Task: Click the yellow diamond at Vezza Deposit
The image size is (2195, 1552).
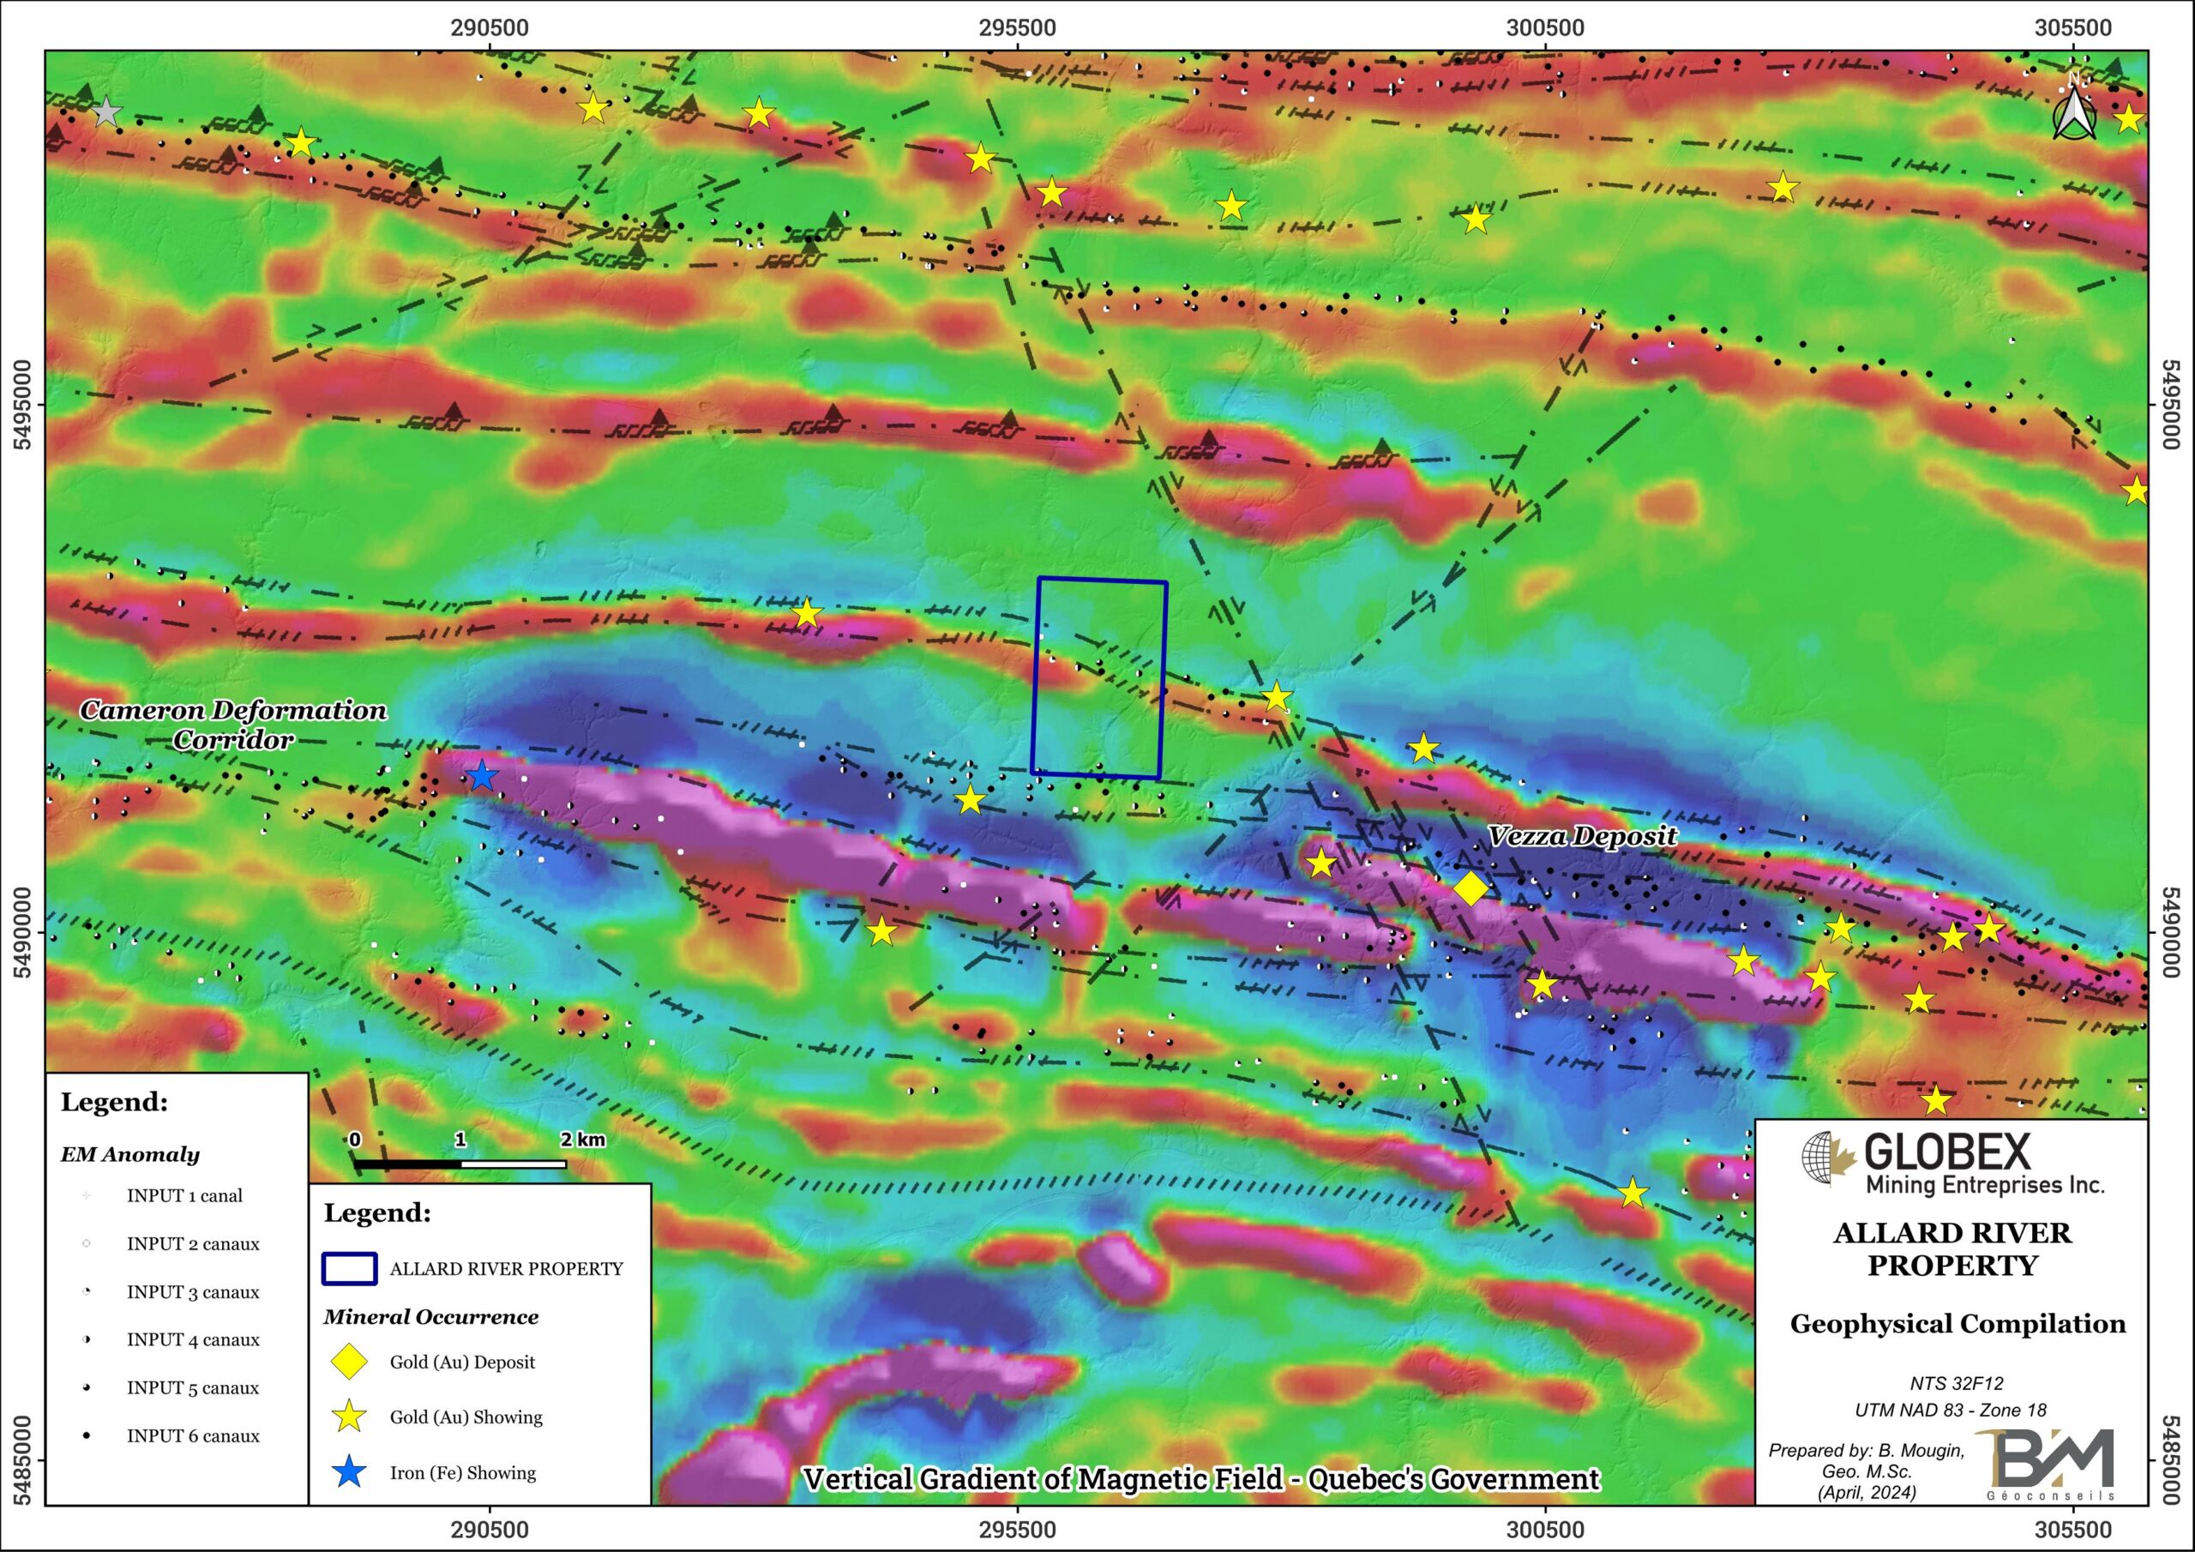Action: [x=1470, y=888]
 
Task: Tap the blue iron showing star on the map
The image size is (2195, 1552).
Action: [x=482, y=775]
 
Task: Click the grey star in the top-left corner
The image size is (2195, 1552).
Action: [x=106, y=111]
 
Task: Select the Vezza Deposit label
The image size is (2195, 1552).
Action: [x=1581, y=836]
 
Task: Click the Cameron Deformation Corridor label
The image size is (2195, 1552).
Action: [x=232, y=724]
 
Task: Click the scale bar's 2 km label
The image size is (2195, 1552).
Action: [x=582, y=1139]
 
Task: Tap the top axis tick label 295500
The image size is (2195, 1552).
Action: [x=1017, y=27]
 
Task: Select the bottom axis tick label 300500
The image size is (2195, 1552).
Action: [x=1545, y=1529]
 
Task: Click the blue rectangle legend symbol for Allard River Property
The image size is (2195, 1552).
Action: [x=349, y=1268]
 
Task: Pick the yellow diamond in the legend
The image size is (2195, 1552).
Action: [x=349, y=1361]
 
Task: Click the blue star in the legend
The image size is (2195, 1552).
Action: [x=349, y=1471]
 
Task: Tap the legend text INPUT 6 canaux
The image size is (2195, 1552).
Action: [x=192, y=1435]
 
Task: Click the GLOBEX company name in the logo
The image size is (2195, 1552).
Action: [x=1946, y=1152]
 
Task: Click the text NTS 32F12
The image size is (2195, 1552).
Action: [x=1956, y=1383]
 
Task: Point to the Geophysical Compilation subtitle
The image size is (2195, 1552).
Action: [x=1957, y=1323]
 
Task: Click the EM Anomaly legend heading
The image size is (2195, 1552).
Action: [x=130, y=1154]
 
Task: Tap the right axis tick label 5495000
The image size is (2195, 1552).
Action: [x=2171, y=404]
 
